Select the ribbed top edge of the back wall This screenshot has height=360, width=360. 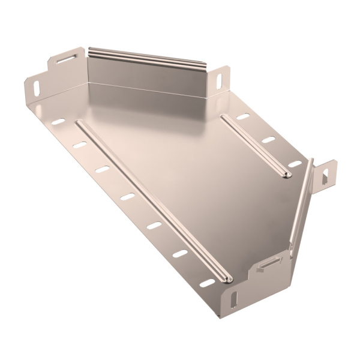coord(146,56)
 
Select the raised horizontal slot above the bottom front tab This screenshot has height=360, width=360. coord(269,264)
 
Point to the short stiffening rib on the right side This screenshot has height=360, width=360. coord(254,144)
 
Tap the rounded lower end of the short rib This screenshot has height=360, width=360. coord(286,174)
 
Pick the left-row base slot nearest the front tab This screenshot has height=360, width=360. coord(206,283)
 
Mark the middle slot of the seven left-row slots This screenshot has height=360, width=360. coord(127,196)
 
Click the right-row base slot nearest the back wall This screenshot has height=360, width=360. coord(244,115)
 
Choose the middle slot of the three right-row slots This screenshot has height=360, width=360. coord(269,139)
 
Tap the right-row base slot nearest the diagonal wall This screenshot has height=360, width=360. coord(293,163)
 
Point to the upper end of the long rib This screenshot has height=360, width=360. coord(79,124)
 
